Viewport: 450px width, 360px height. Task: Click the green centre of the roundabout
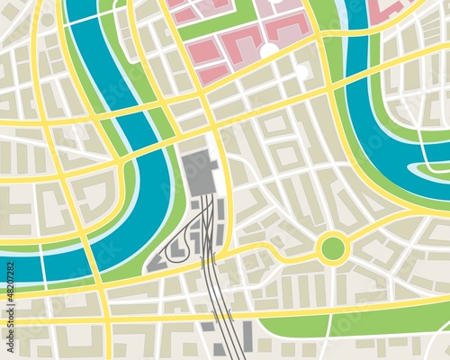(x=332, y=247)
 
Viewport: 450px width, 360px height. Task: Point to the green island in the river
(x=430, y=167)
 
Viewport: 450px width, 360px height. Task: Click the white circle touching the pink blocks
(x=268, y=50)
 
